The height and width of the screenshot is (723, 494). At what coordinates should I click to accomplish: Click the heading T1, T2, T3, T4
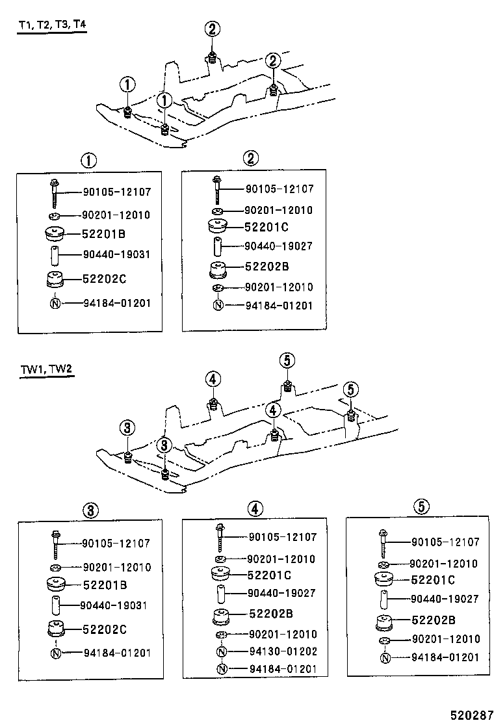tap(52, 25)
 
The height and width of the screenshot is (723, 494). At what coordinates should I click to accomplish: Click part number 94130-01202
tap(283, 652)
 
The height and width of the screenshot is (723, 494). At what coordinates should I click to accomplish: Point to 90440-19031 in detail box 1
tap(116, 254)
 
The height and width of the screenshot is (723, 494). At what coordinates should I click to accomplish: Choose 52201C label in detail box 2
tap(266, 227)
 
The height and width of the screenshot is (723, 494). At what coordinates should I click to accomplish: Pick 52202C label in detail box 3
tap(104, 629)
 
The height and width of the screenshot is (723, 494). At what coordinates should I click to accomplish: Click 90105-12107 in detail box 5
tap(445, 542)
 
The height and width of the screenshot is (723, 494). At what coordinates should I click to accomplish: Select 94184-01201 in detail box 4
tap(283, 670)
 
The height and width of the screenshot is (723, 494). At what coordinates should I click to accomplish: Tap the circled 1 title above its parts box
tap(88, 160)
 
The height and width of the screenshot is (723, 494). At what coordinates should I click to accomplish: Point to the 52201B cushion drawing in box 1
tap(54, 233)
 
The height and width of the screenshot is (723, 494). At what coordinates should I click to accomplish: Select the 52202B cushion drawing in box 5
tap(384, 622)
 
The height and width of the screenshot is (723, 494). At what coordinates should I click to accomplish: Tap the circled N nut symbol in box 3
tap(55, 653)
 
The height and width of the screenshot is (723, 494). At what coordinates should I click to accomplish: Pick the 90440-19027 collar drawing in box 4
tap(221, 594)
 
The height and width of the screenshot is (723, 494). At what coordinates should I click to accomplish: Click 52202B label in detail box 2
tap(266, 267)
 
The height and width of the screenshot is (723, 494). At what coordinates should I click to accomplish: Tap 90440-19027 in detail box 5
tap(445, 599)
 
